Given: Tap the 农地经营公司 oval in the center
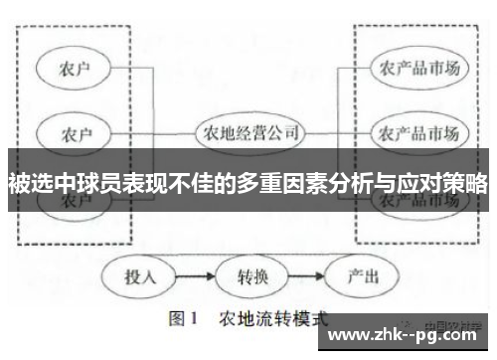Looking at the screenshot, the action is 248,131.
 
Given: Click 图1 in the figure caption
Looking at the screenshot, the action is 184,320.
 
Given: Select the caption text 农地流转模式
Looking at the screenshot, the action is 272,320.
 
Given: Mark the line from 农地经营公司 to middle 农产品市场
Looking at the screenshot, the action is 339,131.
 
